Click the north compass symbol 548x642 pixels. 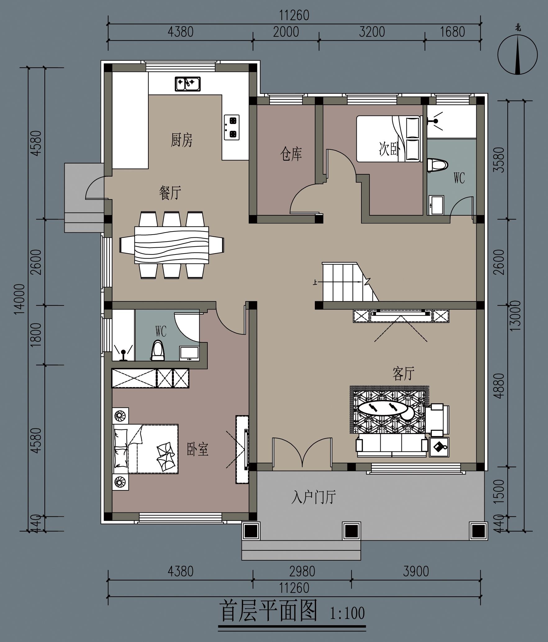(x=517, y=55)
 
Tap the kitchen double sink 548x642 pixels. (x=188, y=84)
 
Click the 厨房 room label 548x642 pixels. (x=182, y=140)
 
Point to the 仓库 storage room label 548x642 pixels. (x=291, y=154)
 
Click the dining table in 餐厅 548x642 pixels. (x=172, y=245)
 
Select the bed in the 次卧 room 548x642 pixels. (x=388, y=139)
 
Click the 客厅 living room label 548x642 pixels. (x=403, y=374)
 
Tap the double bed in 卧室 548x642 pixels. (x=145, y=449)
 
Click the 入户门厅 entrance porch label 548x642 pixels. (x=314, y=497)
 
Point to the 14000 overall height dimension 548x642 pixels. (x=19, y=299)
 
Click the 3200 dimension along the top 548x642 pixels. (x=372, y=32)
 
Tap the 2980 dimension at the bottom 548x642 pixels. (x=302, y=571)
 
